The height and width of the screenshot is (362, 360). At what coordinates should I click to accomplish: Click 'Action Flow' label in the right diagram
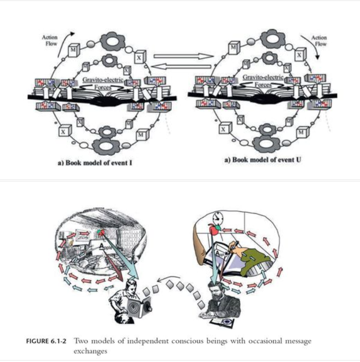click(319, 40)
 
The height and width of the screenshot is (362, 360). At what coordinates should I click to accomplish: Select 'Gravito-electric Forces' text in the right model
click(262, 79)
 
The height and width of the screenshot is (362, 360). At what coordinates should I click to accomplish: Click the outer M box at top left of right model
click(233, 48)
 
